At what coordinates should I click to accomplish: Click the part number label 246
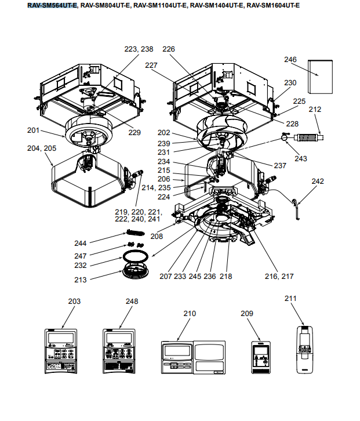(x=290, y=59)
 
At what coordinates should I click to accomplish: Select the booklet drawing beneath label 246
(x=319, y=77)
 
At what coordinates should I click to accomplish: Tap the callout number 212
(x=315, y=110)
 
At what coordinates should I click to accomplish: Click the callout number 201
(x=34, y=130)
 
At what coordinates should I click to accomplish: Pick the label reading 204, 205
(x=42, y=148)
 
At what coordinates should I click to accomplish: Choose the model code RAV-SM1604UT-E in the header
(x=273, y=5)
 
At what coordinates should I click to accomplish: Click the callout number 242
(x=318, y=182)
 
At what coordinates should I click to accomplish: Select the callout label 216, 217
(x=279, y=277)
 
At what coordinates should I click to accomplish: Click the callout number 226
(x=169, y=50)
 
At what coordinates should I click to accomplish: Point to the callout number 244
(x=81, y=243)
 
